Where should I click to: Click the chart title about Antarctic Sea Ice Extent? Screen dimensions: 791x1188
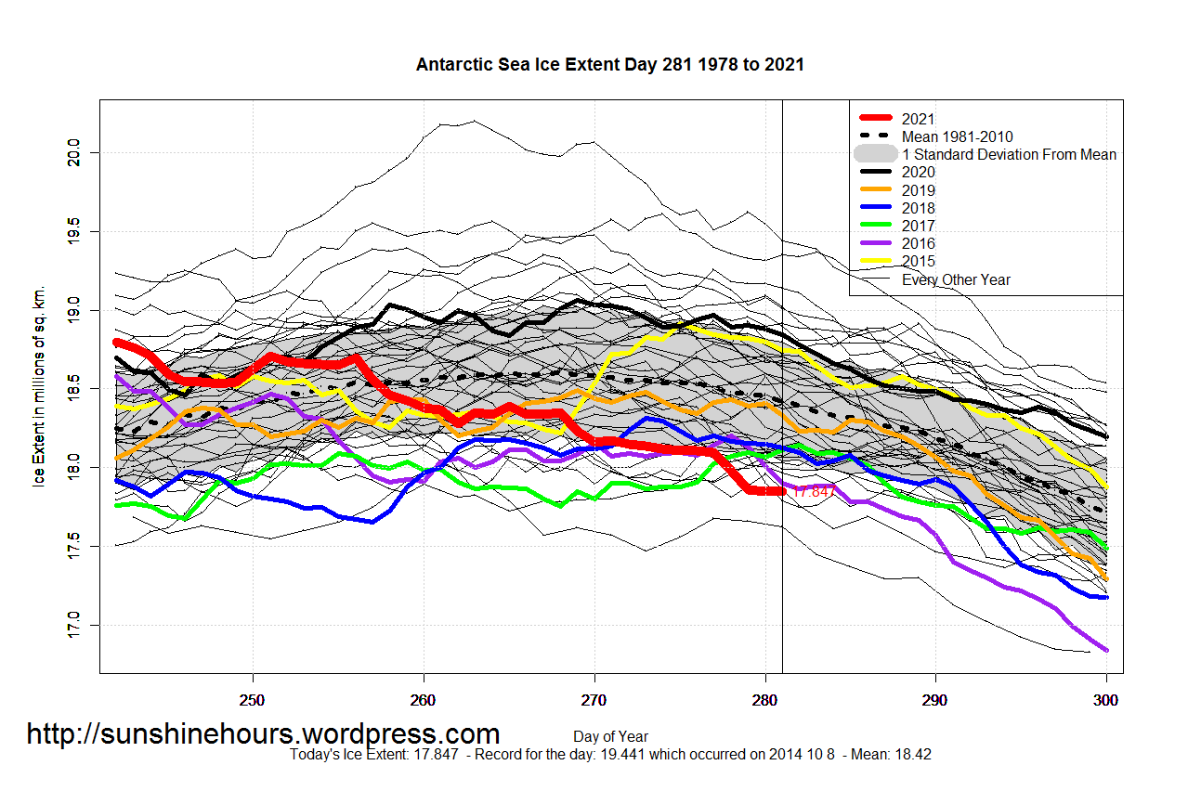coord(609,65)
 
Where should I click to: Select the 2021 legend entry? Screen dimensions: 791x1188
coord(919,119)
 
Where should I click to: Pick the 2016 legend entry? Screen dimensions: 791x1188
coord(919,243)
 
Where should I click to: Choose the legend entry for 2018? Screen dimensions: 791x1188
coord(919,208)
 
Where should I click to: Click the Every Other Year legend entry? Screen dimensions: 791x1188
coord(956,279)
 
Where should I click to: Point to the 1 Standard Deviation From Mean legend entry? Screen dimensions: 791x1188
coord(1009,154)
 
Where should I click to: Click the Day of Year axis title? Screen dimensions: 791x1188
coord(610,737)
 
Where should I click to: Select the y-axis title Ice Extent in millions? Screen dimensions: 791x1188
coord(40,387)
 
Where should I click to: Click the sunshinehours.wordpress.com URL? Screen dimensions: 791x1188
coord(263,734)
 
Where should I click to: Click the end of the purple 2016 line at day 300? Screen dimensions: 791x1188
coord(1106,650)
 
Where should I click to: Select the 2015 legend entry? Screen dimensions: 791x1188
coord(919,261)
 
